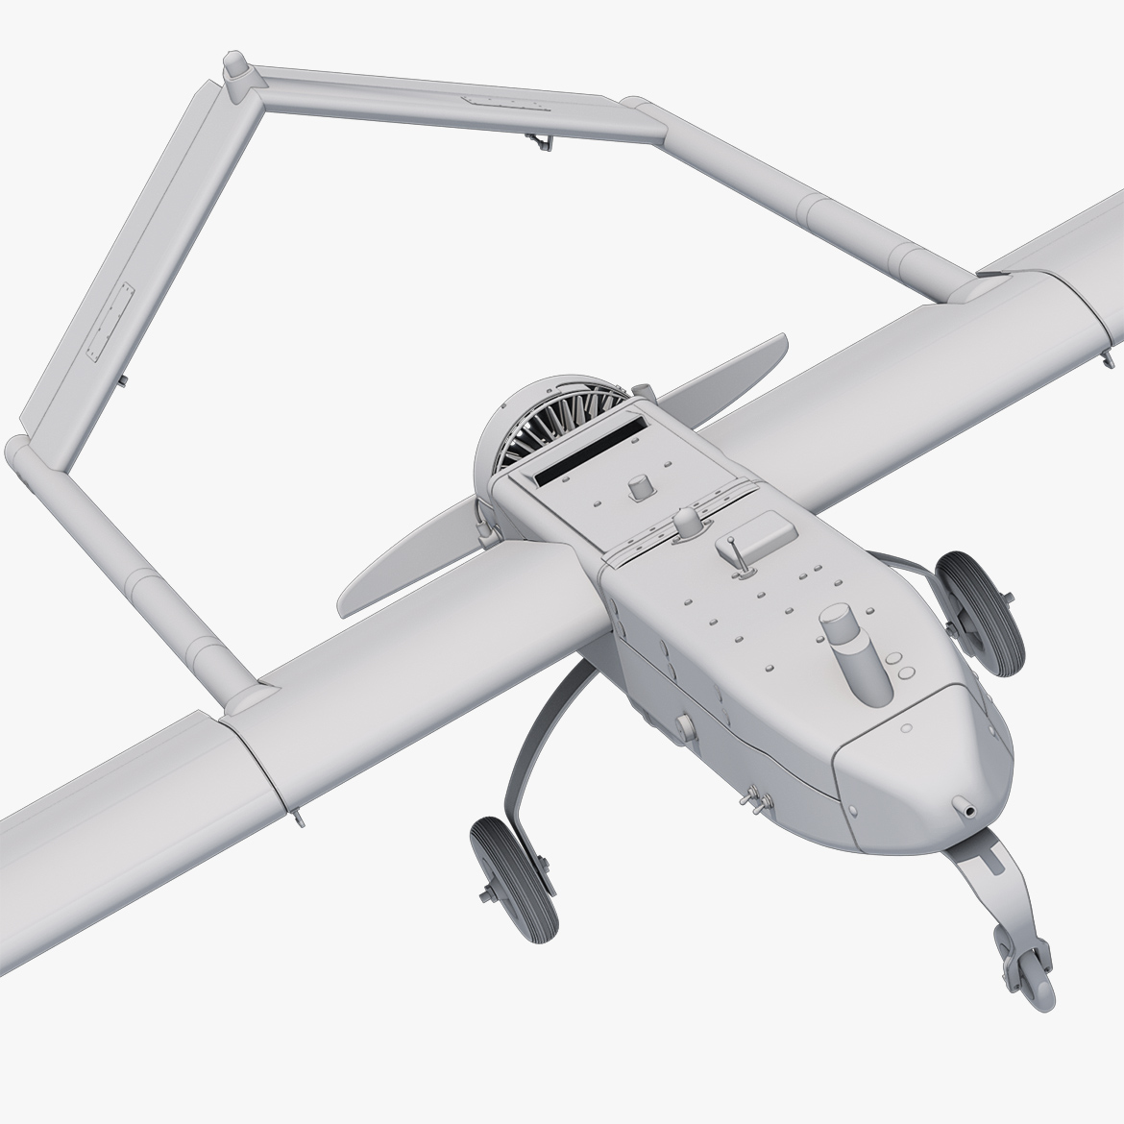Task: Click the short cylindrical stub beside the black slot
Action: click(x=636, y=488)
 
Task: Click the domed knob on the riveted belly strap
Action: click(x=688, y=524)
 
